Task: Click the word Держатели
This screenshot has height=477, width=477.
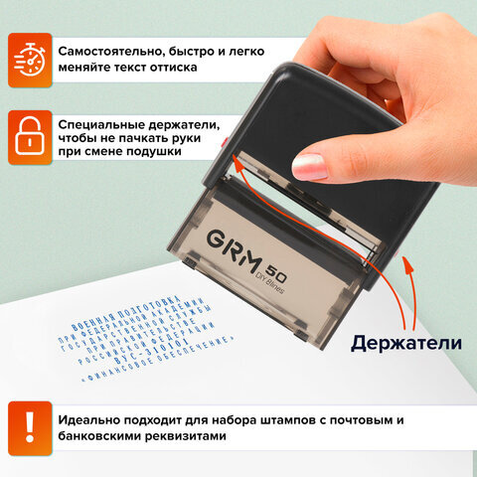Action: point(405,343)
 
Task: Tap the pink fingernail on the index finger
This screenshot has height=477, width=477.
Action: point(310,164)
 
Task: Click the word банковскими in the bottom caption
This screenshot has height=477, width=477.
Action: point(106,434)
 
